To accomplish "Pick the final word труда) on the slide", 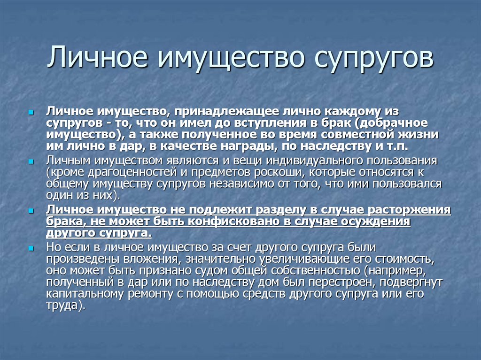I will pyautogui.click(x=66, y=306).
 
